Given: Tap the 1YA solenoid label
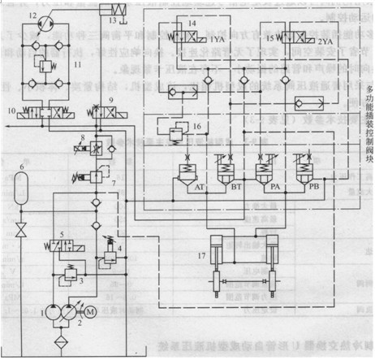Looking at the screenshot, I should pos(217,39).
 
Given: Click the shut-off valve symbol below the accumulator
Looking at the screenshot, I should pos(23,223).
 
